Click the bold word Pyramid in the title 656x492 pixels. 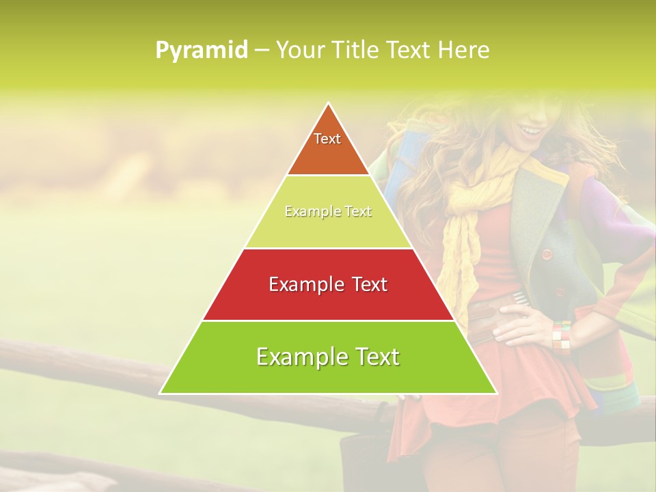[202, 51]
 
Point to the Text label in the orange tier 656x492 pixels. [327, 139]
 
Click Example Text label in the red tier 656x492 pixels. [328, 284]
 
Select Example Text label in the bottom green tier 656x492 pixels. [328, 357]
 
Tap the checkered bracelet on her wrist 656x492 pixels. [562, 336]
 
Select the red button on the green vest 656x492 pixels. [547, 254]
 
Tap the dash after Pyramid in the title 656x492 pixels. [262, 51]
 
